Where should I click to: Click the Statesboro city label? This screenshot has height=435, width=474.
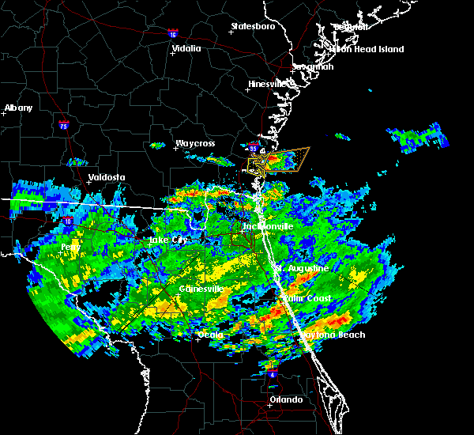click(253, 26)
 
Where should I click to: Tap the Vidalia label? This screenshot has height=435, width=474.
click(187, 48)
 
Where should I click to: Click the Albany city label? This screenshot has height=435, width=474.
click(19, 108)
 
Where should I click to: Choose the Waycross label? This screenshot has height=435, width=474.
click(195, 143)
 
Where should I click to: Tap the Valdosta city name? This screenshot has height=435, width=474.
click(107, 177)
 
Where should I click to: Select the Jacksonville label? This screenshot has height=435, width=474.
click(268, 226)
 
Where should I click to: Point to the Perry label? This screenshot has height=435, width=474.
click(71, 247)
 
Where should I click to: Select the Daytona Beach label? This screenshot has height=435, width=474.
click(333, 335)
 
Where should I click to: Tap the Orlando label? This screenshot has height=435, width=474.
click(286, 399)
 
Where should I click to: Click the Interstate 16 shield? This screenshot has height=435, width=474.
click(173, 33)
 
